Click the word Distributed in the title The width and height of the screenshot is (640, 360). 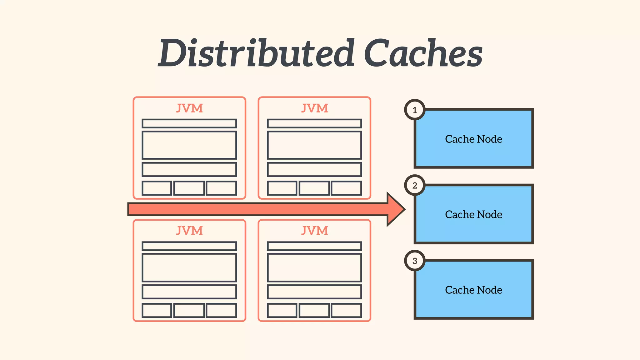click(256, 53)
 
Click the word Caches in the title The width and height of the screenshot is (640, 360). click(423, 53)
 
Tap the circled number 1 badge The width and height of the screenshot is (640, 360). click(415, 110)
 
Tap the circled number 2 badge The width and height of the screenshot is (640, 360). click(415, 186)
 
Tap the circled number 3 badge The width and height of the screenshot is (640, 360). click(415, 261)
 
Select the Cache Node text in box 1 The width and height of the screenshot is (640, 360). click(473, 139)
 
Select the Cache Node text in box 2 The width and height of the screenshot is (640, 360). click(473, 215)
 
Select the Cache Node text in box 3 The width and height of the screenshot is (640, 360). click(473, 290)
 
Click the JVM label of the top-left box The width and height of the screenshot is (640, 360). click(189, 108)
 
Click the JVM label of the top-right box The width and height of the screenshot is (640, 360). click(314, 108)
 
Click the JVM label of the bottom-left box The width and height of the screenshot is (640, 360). click(189, 231)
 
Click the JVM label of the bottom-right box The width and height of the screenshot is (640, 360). click(314, 231)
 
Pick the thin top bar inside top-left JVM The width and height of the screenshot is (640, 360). click(189, 123)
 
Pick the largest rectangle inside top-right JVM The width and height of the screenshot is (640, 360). click(314, 145)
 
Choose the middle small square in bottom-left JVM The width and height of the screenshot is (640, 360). click(189, 310)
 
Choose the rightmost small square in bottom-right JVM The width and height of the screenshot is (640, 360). click(346, 310)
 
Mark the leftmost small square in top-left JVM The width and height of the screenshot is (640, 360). click(157, 188)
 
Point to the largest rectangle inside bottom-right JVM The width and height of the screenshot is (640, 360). click(314, 268)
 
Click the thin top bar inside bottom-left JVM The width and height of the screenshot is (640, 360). click(189, 246)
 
